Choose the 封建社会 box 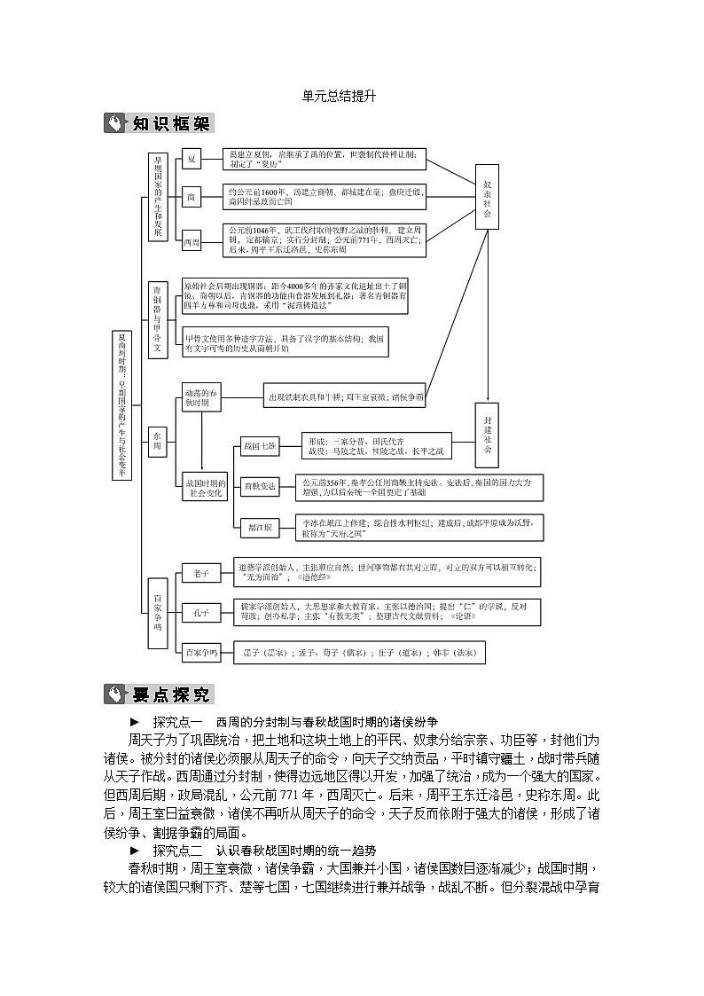487,435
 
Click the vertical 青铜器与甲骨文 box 157,320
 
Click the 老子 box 200,573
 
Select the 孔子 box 200,612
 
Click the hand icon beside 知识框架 116,123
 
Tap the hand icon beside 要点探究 116,694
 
